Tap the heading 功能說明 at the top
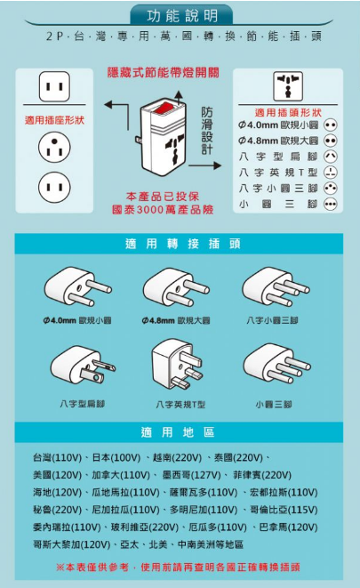pyautogui.click(x=182, y=16)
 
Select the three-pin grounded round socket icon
pyautogui.click(x=54, y=147)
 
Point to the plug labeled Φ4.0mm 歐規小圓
pyautogui.click(x=77, y=286)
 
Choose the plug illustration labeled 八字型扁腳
pyautogui.click(x=83, y=365)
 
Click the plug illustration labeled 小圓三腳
pyautogui.click(x=276, y=363)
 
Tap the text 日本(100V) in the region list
pyautogui.click(x=116, y=457)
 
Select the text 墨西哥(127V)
pyautogui.click(x=191, y=475)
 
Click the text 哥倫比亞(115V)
pyautogui.click(x=284, y=510)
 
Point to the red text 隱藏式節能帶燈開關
pyautogui.click(x=164, y=73)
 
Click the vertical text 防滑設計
pyautogui.click(x=207, y=130)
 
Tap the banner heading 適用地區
pyautogui.click(x=178, y=432)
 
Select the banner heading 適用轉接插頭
pyautogui.click(x=183, y=244)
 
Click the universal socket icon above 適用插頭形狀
pyautogui.click(x=288, y=86)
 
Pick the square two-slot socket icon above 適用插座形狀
pyautogui.click(x=54, y=86)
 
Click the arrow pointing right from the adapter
pyautogui.click(x=205, y=165)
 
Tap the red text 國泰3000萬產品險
pyautogui.click(x=163, y=209)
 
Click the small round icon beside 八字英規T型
pyautogui.click(x=331, y=172)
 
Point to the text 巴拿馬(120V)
pyautogui.click(x=289, y=528)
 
